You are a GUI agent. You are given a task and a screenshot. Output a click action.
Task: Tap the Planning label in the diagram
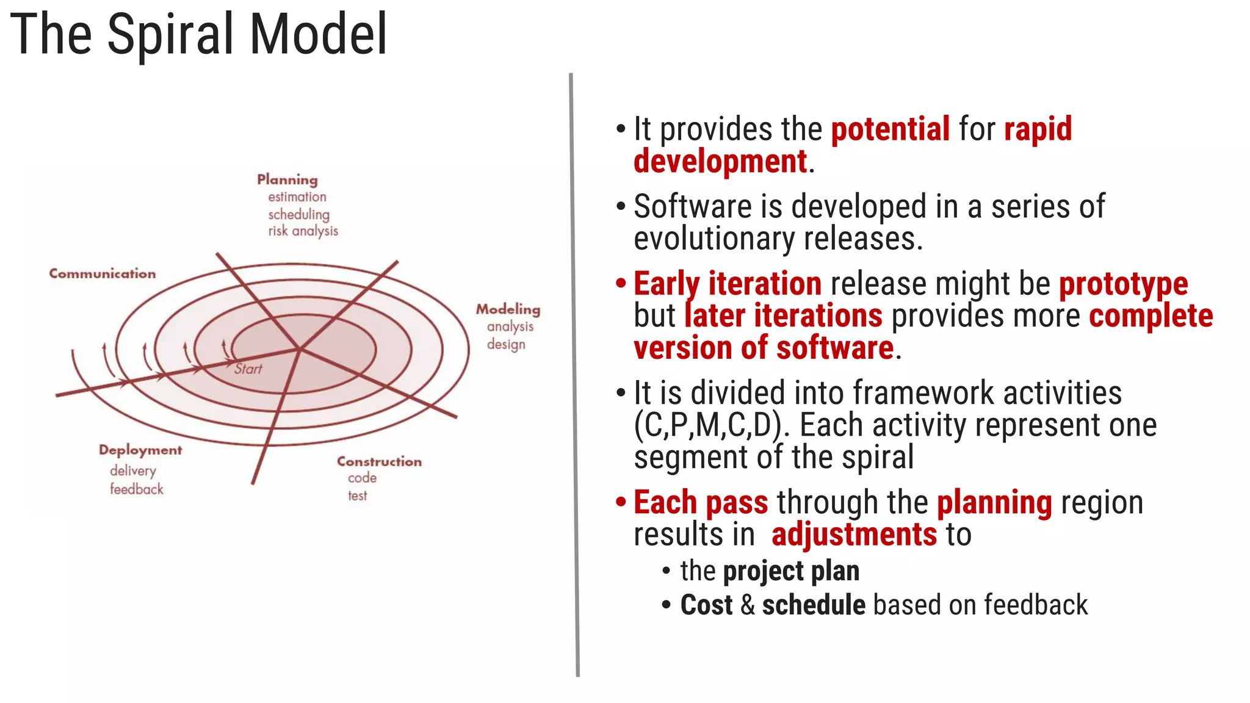[287, 179]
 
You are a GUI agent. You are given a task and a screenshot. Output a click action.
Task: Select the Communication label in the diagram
[103, 273]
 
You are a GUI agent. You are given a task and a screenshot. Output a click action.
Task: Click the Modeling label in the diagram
[508, 309]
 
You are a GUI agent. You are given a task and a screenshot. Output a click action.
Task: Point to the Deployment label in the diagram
[140, 450]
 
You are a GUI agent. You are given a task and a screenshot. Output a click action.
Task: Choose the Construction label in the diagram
[379, 461]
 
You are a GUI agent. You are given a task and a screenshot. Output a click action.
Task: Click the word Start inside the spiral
[248, 369]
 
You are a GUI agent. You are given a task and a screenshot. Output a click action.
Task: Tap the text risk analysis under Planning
[303, 231]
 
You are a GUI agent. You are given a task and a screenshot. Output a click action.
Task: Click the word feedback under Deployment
[137, 489]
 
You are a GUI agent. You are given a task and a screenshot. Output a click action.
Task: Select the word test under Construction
[358, 496]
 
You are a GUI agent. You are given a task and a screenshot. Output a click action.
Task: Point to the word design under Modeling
[506, 345]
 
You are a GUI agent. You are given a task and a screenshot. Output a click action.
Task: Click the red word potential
[890, 129]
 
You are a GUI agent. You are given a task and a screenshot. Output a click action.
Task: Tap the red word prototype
[1123, 284]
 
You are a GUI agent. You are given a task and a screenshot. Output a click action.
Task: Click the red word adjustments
[854, 535]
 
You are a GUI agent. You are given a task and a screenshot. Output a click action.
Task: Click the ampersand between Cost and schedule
[747, 605]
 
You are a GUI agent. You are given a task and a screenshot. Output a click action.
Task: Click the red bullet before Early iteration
[621, 283]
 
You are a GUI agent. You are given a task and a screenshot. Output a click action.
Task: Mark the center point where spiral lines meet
[300, 349]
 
